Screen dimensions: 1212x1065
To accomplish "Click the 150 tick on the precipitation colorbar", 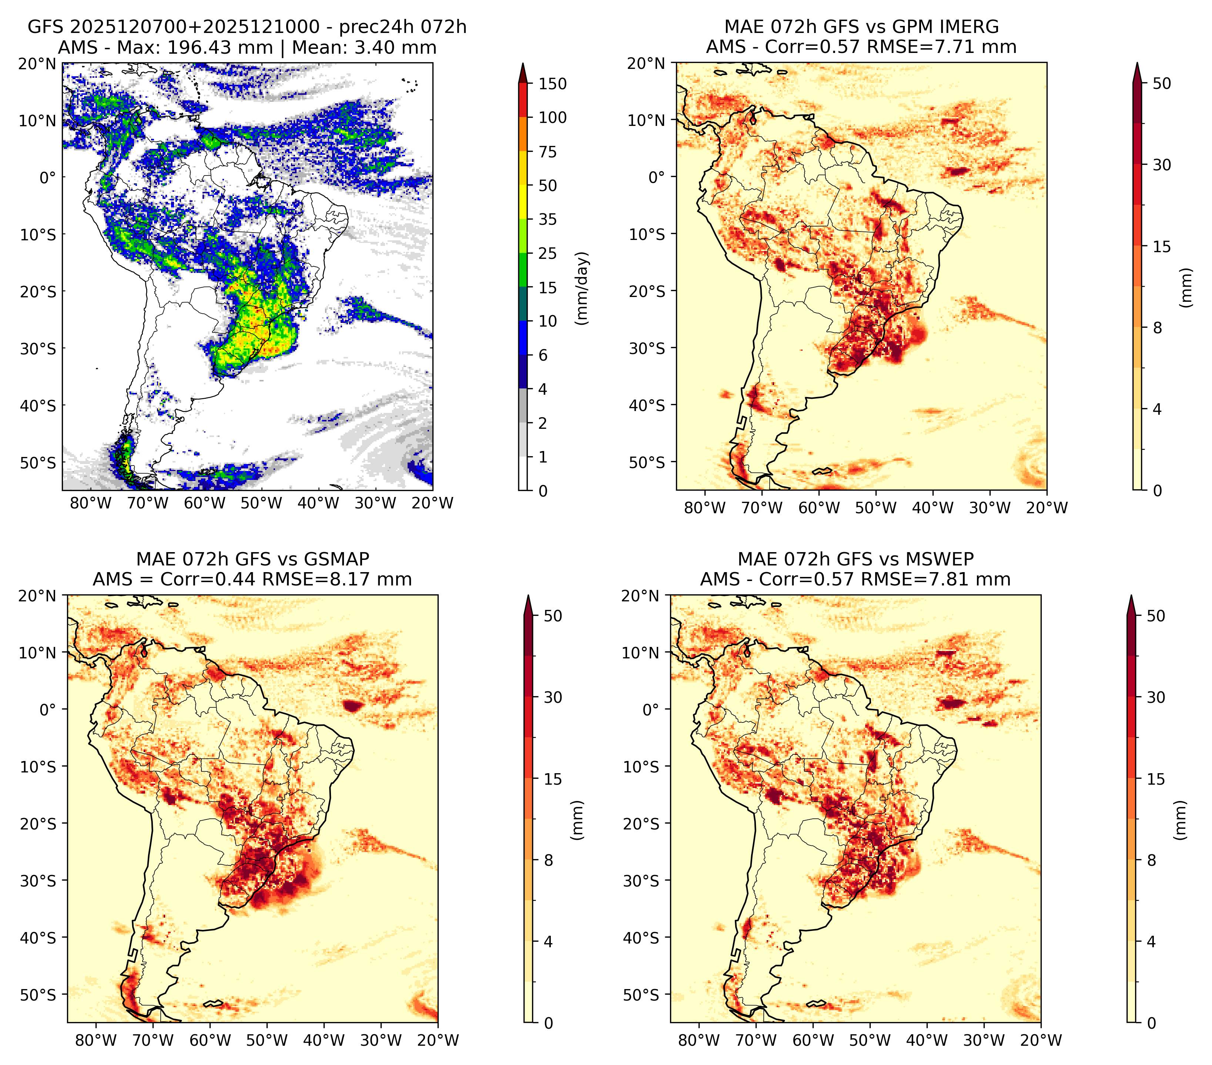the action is pyautogui.click(x=553, y=84).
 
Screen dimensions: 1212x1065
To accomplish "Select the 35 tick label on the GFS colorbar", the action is pyautogui.click(x=548, y=219).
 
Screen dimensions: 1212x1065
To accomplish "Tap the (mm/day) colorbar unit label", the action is pyautogui.click(x=583, y=288).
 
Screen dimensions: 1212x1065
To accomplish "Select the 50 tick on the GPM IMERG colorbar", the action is pyautogui.click(x=1162, y=84).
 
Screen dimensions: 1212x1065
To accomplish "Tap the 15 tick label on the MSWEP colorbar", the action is pyautogui.click(x=1156, y=779).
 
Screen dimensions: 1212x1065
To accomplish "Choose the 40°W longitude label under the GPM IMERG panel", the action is pyautogui.click(x=933, y=508).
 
